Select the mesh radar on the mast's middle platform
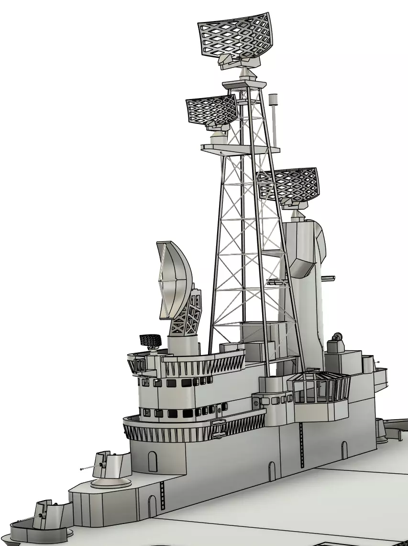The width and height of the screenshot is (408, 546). point(211,110)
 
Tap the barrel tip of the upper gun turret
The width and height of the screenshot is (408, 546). point(82,468)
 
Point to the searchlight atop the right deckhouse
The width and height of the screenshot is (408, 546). point(337,337)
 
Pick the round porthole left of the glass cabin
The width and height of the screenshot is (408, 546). point(256,403)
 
